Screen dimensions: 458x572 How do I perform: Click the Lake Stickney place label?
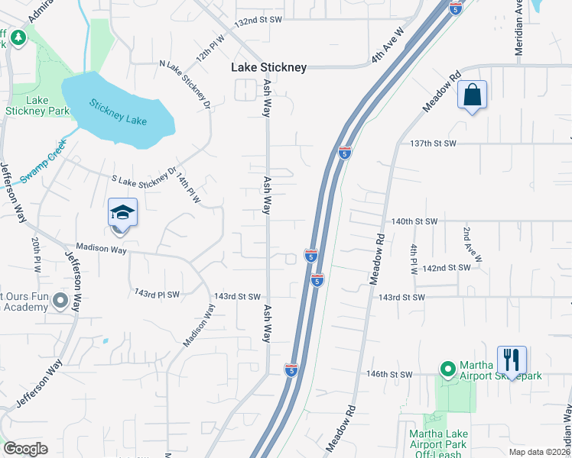point(269,67)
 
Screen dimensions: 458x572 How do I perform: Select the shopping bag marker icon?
point(473,96)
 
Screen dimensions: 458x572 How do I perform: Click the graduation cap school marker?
point(122,212)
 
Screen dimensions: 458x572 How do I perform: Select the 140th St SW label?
point(414,221)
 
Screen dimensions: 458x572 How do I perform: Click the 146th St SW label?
point(389,375)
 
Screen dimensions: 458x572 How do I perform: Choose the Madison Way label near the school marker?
point(101,249)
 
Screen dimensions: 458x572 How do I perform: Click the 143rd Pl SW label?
point(157,294)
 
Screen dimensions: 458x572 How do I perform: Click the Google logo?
point(25,449)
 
